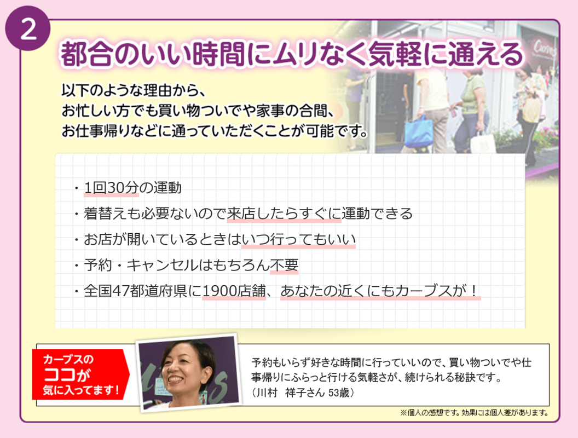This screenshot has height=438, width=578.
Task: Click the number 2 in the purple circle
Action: pos(28,29)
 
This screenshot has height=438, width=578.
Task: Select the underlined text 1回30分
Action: pos(111,188)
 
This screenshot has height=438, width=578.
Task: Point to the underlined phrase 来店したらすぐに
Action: pos(284,214)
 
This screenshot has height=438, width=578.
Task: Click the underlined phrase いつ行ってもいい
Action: pos(299,239)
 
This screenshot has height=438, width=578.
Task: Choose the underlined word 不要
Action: pos(284,265)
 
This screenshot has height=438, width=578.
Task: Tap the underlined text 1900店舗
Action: pos(234,291)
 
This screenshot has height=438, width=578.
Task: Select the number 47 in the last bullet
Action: pos(120,291)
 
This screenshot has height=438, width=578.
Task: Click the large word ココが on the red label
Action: pos(67,374)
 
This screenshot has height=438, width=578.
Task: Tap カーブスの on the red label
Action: pos(68,359)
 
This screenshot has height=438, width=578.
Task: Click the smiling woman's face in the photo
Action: pos(182,372)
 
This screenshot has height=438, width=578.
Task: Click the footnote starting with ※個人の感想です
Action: pos(475,413)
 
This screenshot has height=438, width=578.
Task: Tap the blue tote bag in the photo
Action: pos(419,131)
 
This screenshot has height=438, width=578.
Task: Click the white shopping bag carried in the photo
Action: pos(482,142)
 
